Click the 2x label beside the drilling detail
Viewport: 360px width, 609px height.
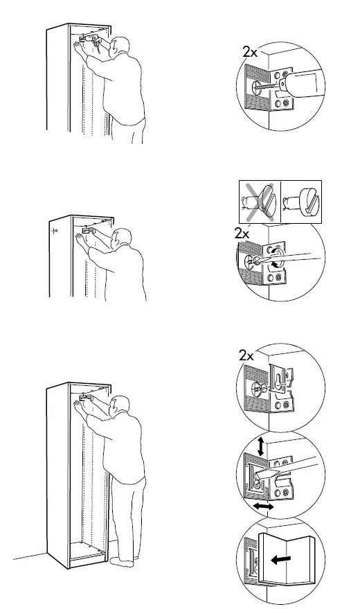pos(249,51)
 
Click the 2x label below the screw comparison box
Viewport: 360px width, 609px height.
pos(242,234)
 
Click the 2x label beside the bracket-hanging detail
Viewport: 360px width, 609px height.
pos(246,355)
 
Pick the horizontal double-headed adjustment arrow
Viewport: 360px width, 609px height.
pos(261,508)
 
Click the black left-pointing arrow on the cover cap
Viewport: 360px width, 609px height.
pos(280,559)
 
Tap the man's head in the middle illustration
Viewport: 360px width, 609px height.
pos(123,239)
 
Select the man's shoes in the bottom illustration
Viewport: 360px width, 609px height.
pos(126,560)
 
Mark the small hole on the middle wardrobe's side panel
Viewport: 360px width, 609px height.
pos(55,231)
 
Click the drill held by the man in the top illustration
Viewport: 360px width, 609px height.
pos(89,39)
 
